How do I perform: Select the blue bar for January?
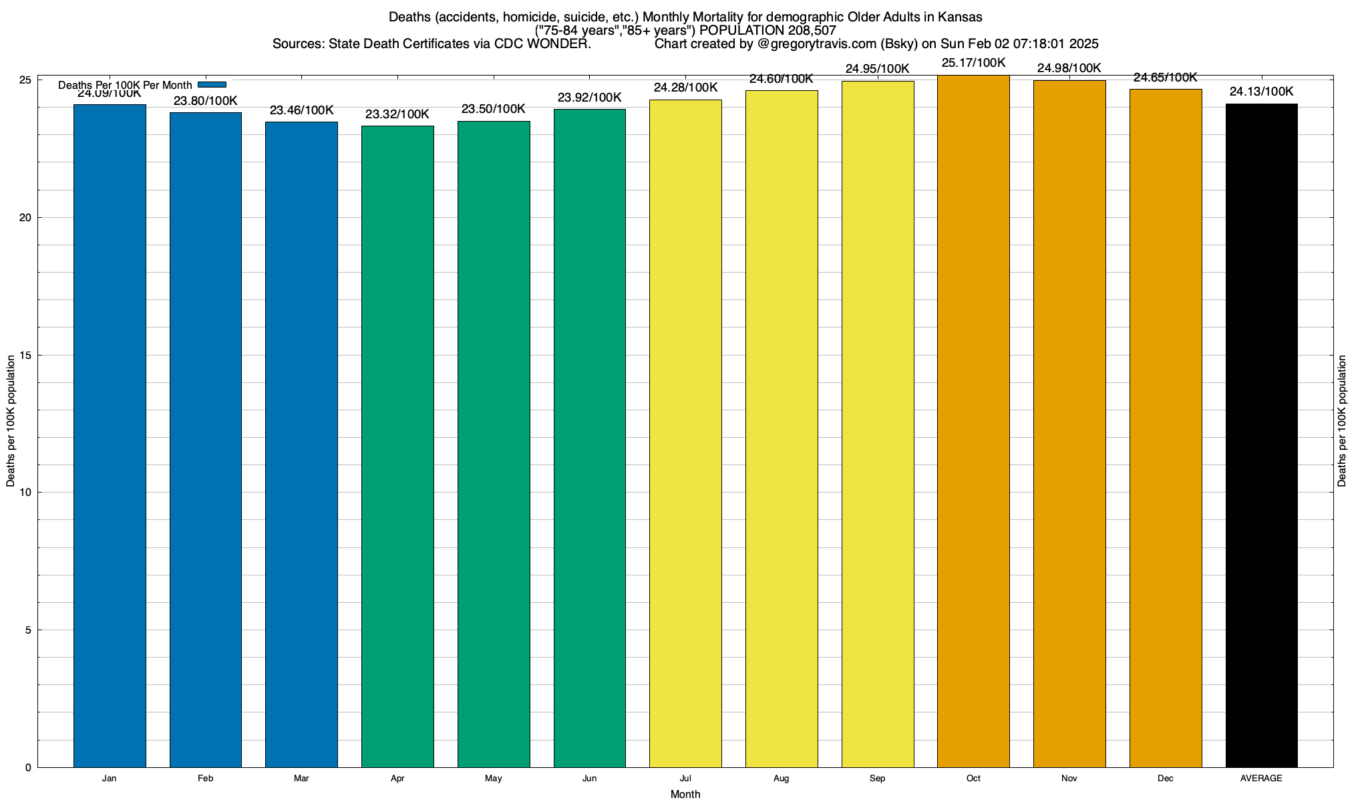[x=110, y=434]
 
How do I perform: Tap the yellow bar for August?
[x=782, y=428]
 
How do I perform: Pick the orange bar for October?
[x=973, y=421]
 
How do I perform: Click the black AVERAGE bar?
[x=1261, y=434]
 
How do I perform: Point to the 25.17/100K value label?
[x=973, y=63]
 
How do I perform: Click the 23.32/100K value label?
[x=397, y=114]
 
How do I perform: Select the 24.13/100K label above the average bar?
[x=1261, y=92]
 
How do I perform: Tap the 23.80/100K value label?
[x=206, y=101]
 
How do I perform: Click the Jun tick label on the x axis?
[x=589, y=779]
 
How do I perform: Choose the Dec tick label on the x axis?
[x=1166, y=779]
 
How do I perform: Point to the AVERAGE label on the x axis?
[x=1261, y=779]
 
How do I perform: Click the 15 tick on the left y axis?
[x=26, y=355]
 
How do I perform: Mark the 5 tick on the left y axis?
[x=28, y=630]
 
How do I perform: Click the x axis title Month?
[x=685, y=794]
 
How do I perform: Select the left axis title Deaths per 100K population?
[x=11, y=421]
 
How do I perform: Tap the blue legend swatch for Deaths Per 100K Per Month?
[x=212, y=85]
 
